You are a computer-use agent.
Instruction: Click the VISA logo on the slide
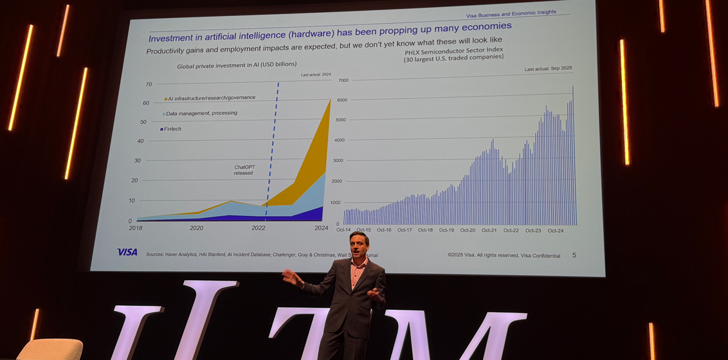(x=127, y=252)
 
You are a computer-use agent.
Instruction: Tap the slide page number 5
(x=574, y=255)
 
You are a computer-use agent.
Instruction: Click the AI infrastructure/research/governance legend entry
(x=210, y=98)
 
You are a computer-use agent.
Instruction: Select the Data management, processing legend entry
(x=199, y=113)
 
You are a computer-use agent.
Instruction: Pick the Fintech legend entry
(x=171, y=129)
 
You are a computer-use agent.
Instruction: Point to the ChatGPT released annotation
(x=243, y=170)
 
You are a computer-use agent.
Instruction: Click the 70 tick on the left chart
(x=149, y=84)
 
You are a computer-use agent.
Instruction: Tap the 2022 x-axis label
(x=259, y=228)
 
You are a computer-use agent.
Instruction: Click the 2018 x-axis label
(x=135, y=228)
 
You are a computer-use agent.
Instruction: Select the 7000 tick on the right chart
(x=343, y=80)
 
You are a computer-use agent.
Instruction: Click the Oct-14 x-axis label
(x=344, y=230)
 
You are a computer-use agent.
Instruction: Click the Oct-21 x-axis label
(x=489, y=230)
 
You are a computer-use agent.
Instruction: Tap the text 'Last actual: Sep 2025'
(x=548, y=69)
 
